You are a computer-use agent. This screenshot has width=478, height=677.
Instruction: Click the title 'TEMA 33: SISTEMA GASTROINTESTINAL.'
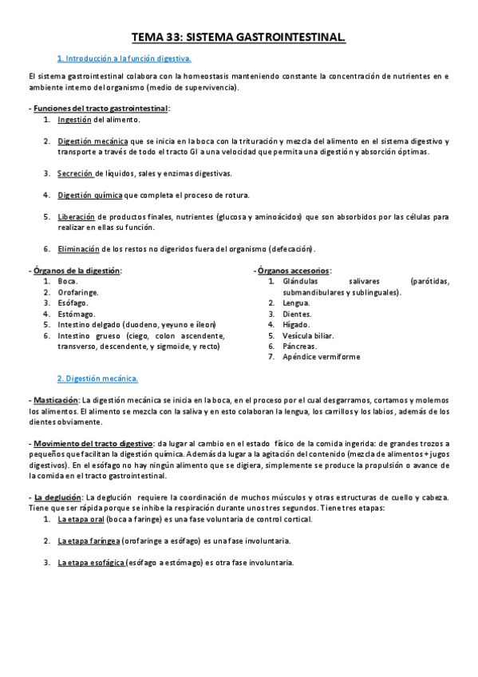tap(239, 37)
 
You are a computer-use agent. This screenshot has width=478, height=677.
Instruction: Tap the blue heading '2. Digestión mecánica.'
tap(97, 378)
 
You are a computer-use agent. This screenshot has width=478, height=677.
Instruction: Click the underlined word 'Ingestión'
tap(75, 120)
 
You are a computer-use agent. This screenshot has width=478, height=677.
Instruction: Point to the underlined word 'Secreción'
tap(75, 173)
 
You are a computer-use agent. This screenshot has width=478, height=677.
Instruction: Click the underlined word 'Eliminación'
tap(78, 248)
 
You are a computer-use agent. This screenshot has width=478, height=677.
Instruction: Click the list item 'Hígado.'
tap(296, 325)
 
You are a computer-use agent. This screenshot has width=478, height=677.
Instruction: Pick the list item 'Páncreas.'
tap(300, 346)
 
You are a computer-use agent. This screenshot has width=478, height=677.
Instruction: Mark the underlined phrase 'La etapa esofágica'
tap(92, 562)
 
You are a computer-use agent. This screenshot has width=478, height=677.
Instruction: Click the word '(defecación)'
tap(292, 248)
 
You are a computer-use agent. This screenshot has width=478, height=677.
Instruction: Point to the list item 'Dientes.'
tap(298, 315)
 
